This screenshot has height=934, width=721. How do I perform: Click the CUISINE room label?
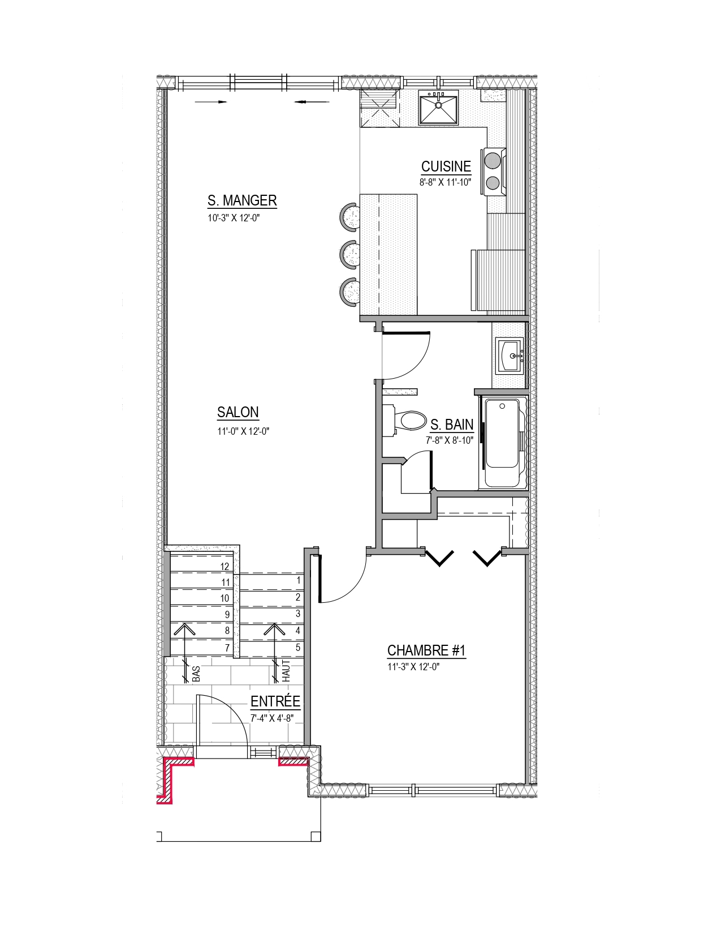point(446,166)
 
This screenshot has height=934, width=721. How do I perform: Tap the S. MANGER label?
point(242,200)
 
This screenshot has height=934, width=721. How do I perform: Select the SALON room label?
point(238,412)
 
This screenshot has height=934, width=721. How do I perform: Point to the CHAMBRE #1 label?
point(426,651)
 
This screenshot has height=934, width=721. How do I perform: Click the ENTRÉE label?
point(275,701)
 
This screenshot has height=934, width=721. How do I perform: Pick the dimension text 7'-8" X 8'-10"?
point(450,440)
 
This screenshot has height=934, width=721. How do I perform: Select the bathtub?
point(503,443)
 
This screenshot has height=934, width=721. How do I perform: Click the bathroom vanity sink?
point(510,356)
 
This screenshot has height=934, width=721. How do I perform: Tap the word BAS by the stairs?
point(196,674)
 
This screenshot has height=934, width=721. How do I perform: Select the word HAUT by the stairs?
point(286,671)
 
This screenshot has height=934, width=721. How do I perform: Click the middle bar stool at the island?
point(349,255)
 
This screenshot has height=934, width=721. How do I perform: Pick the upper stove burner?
point(493,160)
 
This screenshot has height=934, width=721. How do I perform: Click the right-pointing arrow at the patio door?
point(210,102)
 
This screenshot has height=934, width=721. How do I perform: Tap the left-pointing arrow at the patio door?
point(312,102)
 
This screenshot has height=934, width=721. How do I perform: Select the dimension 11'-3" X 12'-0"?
point(413,667)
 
